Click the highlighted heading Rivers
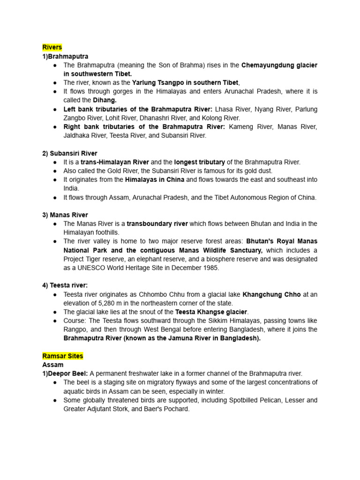click(x=52, y=47)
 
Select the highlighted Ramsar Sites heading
click(x=62, y=356)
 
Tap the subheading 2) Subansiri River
click(x=70, y=153)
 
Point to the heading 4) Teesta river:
click(x=65, y=285)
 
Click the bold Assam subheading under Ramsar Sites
click(x=52, y=365)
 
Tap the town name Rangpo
click(x=75, y=330)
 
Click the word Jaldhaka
click(x=77, y=135)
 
